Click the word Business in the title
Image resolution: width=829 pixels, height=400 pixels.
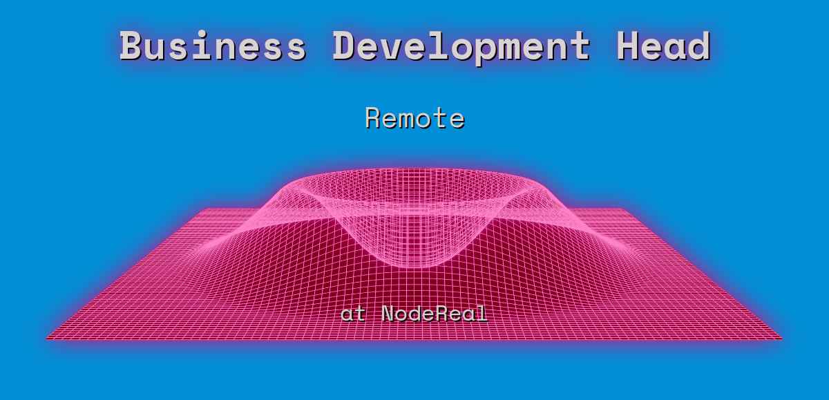[213, 46]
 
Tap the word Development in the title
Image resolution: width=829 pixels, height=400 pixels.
[461, 46]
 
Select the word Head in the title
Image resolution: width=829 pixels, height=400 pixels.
[663, 46]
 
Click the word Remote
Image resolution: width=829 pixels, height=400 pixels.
[414, 118]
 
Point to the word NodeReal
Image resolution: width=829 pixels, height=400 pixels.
[434, 314]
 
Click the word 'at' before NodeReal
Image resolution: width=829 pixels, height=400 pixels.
[353, 314]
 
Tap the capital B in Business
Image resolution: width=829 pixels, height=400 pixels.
[131, 46]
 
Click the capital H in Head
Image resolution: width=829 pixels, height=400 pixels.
[628, 46]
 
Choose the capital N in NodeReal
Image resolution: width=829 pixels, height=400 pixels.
[388, 314]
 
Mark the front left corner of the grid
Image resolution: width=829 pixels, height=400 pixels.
[47, 339]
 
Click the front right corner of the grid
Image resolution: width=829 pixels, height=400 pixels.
[781, 339]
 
